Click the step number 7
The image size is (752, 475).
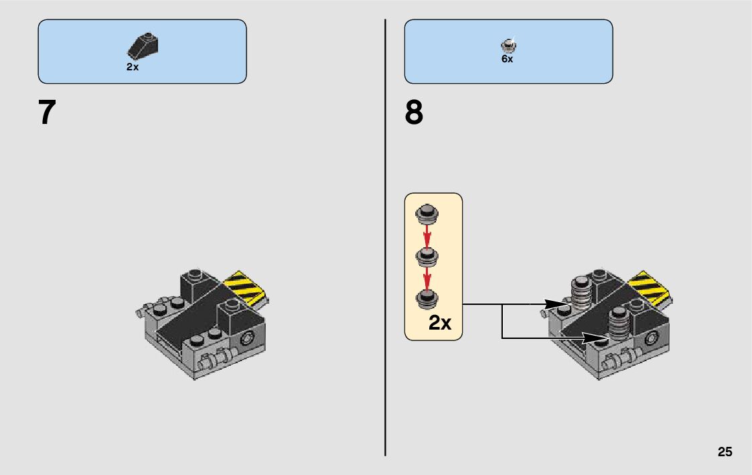point(46,113)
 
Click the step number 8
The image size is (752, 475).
point(414,113)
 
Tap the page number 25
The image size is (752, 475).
point(725,452)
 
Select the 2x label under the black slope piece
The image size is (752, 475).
point(132,67)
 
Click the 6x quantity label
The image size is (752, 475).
point(507,59)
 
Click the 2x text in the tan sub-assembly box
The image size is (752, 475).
point(440,323)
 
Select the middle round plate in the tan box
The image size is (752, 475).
point(427,256)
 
